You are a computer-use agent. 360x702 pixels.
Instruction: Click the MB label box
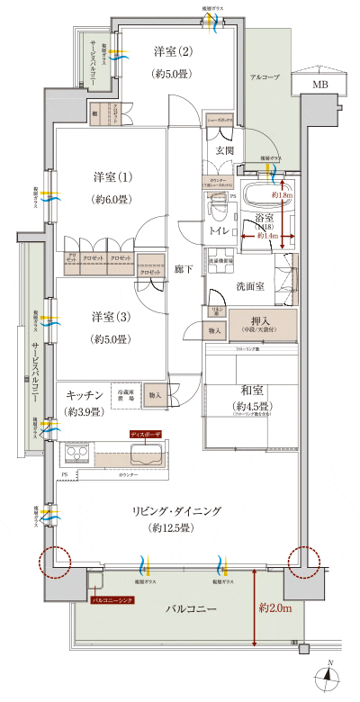pyautogui.click(x=320, y=84)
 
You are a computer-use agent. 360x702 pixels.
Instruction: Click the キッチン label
pyautogui.click(x=85, y=395)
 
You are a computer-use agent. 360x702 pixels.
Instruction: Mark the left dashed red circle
pyautogui.click(x=53, y=562)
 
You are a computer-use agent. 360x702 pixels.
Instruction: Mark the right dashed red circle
pyautogui.click(x=303, y=562)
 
